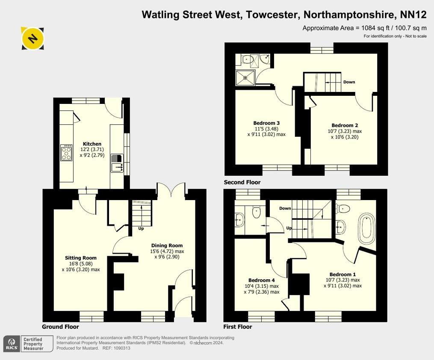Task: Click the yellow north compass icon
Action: (x=32, y=38)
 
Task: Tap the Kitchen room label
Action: (x=92, y=144)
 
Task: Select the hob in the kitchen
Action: (x=67, y=153)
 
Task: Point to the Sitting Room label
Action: (x=81, y=258)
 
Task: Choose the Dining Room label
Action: (x=167, y=245)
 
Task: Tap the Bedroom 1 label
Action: (x=342, y=274)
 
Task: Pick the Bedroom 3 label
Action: (x=266, y=123)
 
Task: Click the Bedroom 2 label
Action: (x=345, y=125)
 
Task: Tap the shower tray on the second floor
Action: (x=245, y=77)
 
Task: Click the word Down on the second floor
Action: (x=349, y=82)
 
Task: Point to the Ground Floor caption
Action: (x=60, y=327)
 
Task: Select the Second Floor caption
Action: (x=242, y=183)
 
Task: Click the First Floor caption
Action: (x=238, y=327)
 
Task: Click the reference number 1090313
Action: (x=122, y=348)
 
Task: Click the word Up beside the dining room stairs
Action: (x=141, y=228)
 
